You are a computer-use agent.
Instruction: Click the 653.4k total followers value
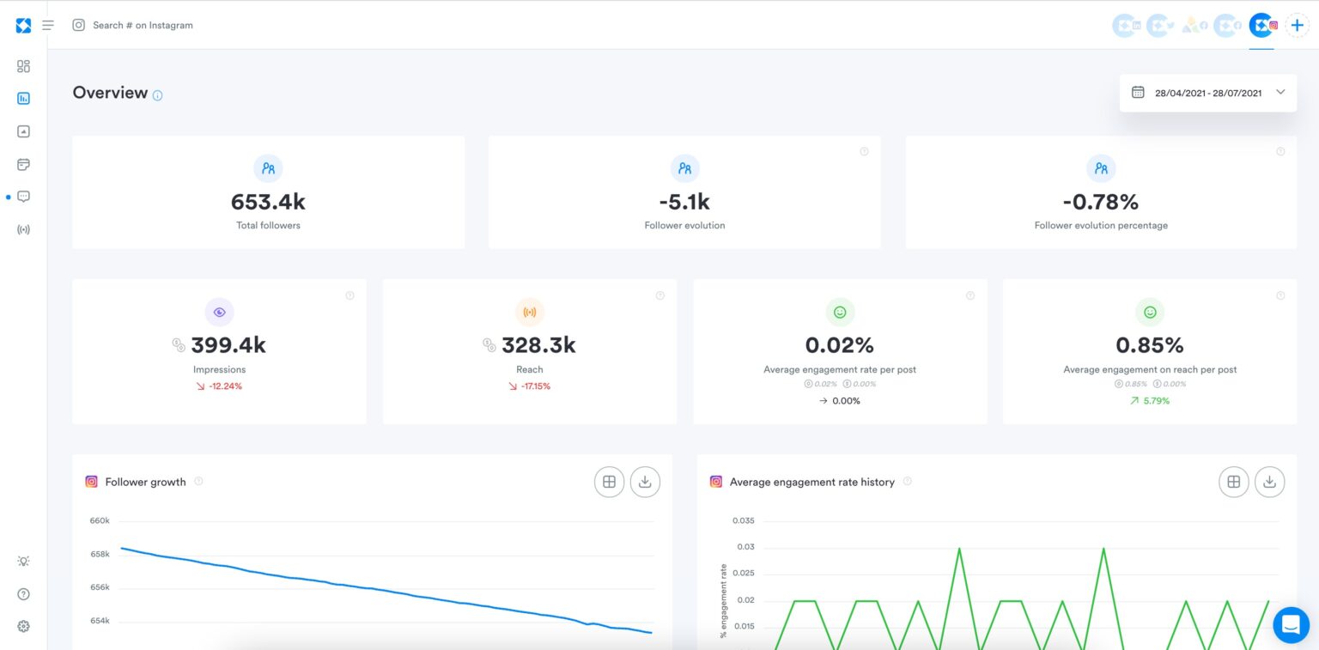268,202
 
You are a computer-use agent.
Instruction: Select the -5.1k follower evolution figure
684,202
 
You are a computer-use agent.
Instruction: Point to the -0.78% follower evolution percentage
1101,202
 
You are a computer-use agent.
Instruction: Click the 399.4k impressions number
228,345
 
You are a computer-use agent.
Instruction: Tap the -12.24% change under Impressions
225,386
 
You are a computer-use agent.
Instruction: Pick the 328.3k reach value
538,345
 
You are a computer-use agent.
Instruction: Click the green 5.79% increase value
1156,401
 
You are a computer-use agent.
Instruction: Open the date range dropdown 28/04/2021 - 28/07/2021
1208,93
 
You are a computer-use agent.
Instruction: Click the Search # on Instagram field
143,25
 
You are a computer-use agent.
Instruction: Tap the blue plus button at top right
1297,25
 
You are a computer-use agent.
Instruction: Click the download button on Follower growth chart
645,482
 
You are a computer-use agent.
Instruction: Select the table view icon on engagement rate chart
1233,482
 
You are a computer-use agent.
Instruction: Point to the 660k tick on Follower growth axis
100,520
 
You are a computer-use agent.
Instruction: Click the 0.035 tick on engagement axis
743,520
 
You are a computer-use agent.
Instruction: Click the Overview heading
110,93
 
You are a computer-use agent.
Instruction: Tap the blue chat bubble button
1291,625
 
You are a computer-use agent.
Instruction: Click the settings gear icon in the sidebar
23,626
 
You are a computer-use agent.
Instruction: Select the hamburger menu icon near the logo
48,25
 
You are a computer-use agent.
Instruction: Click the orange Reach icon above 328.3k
530,312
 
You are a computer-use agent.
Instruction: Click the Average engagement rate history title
811,482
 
